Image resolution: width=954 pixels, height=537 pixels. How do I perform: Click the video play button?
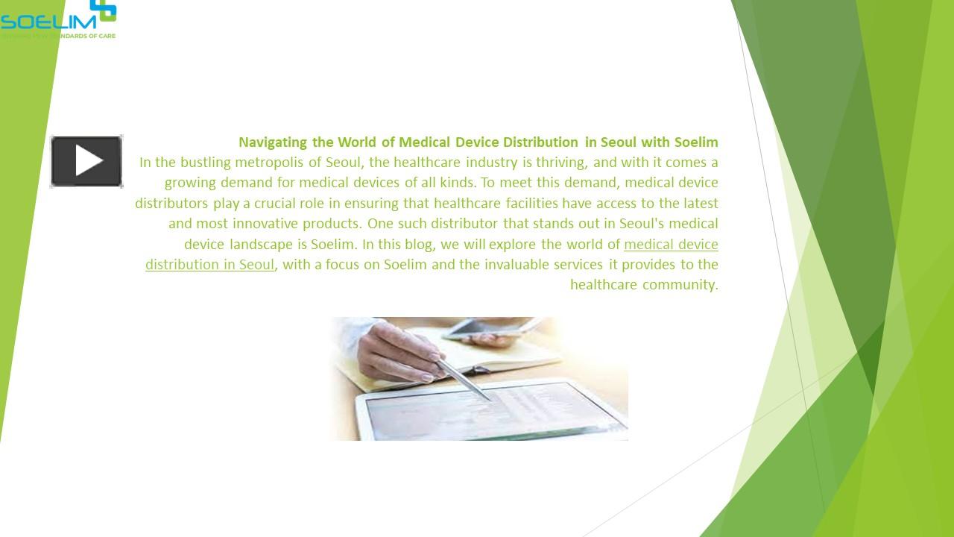point(86,161)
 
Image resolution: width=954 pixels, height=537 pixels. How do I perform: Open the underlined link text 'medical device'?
point(671,244)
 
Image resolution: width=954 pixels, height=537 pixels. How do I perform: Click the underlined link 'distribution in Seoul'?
point(209,264)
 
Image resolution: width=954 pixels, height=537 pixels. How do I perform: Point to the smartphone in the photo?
point(484,328)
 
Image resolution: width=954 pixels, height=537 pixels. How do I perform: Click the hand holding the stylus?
point(402,351)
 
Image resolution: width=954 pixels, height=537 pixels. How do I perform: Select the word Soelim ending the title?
point(696,142)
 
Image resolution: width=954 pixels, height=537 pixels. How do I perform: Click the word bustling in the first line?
point(205,163)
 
